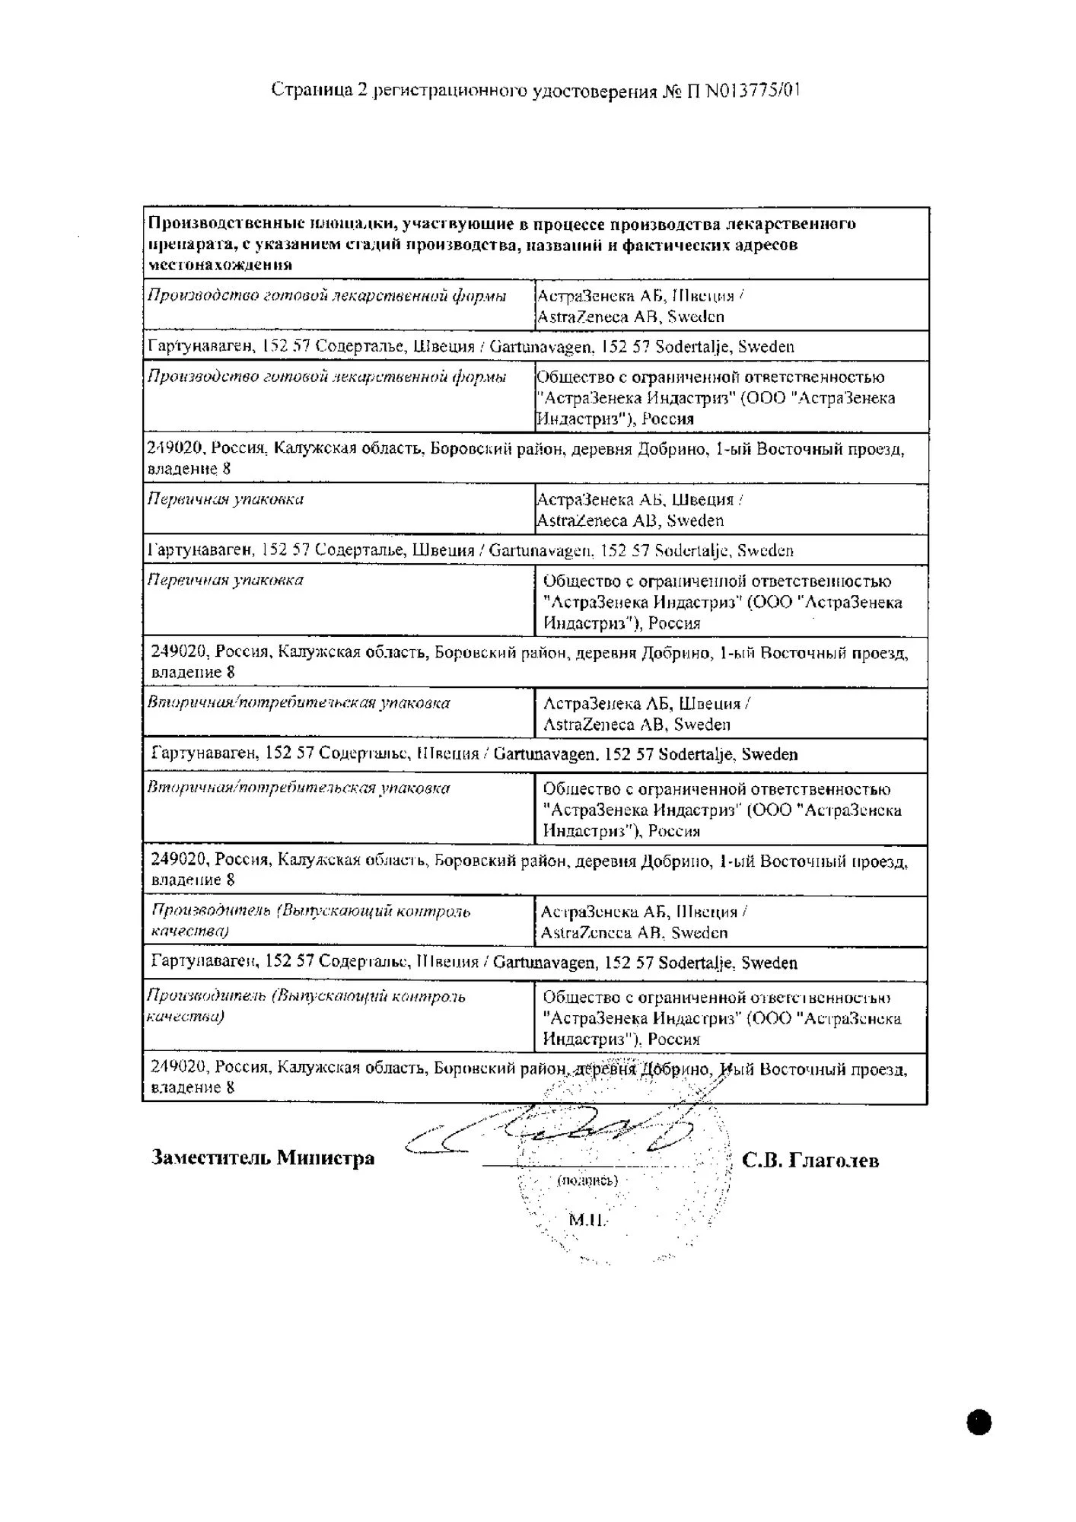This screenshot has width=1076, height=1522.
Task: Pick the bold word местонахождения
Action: tap(220, 265)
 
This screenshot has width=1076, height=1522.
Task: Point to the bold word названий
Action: tap(571, 245)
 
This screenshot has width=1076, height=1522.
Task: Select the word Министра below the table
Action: tap(326, 1157)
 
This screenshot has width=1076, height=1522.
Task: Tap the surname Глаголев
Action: tap(834, 1160)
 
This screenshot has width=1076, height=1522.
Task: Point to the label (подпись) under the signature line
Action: tap(587, 1180)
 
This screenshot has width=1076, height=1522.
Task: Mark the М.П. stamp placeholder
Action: tap(587, 1220)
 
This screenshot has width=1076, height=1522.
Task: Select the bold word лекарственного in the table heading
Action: tap(791, 224)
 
